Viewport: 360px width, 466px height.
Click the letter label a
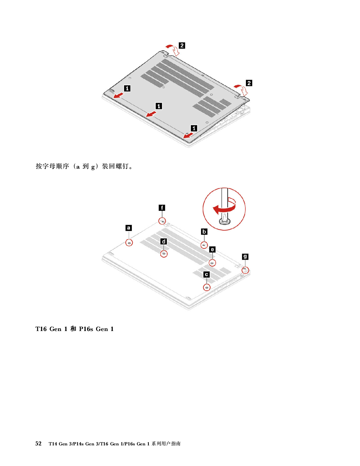tap(129, 228)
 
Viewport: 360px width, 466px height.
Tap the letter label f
tap(162, 208)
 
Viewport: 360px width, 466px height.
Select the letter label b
tap(204, 232)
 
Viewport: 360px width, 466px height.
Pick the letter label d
tap(164, 241)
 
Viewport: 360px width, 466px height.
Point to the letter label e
tap(212, 249)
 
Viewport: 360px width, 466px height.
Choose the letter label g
tap(245, 256)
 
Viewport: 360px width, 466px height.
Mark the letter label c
tap(207, 275)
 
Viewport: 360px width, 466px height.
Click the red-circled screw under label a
tap(129, 243)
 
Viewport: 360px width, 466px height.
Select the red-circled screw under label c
tap(207, 288)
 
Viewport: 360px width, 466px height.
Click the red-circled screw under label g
tap(245, 270)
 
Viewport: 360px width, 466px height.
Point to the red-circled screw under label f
tap(162, 221)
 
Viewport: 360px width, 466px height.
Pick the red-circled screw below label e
tap(212, 263)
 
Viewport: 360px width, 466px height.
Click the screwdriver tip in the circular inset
tap(224, 219)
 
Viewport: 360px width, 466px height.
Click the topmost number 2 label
tap(182, 45)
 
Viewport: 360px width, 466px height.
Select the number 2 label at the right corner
tap(249, 83)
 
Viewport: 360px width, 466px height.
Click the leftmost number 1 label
tap(127, 88)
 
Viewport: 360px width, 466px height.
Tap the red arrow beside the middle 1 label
tap(151, 114)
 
